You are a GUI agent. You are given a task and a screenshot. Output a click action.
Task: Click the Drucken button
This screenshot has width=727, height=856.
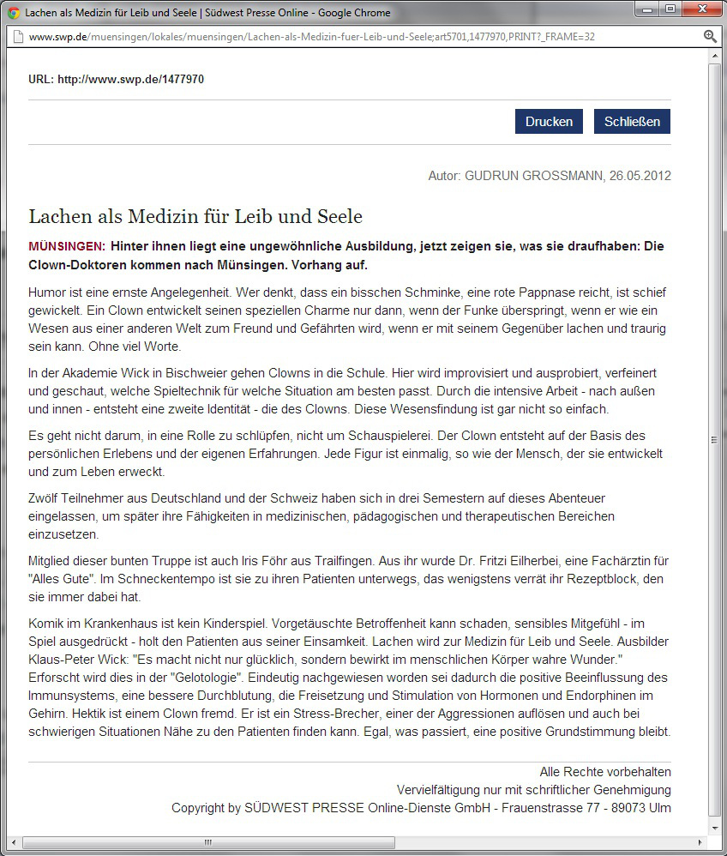pyautogui.click(x=549, y=122)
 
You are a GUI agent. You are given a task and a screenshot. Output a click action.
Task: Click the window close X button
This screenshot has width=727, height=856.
pyautogui.click(x=700, y=10)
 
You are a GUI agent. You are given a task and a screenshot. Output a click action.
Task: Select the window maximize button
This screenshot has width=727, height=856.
pyautogui.click(x=670, y=10)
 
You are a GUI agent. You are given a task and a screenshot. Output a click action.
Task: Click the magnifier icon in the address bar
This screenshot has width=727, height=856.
pyautogui.click(x=710, y=36)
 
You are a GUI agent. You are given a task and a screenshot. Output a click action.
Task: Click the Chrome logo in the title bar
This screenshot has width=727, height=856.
pyautogui.click(x=13, y=13)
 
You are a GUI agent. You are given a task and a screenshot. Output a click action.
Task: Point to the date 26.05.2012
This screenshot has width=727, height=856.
pyautogui.click(x=640, y=176)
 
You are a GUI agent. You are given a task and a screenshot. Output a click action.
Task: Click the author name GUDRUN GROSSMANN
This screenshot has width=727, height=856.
pyautogui.click(x=532, y=176)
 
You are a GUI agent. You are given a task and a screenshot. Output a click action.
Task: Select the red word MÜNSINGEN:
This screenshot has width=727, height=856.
pyautogui.click(x=67, y=246)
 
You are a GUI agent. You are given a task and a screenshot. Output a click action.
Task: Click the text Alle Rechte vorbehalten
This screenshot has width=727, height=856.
pyautogui.click(x=605, y=772)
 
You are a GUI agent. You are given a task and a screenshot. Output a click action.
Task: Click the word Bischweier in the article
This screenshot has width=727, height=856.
pyautogui.click(x=159, y=372)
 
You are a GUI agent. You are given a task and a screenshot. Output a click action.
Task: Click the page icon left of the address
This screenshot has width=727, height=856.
pyautogui.click(x=18, y=37)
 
